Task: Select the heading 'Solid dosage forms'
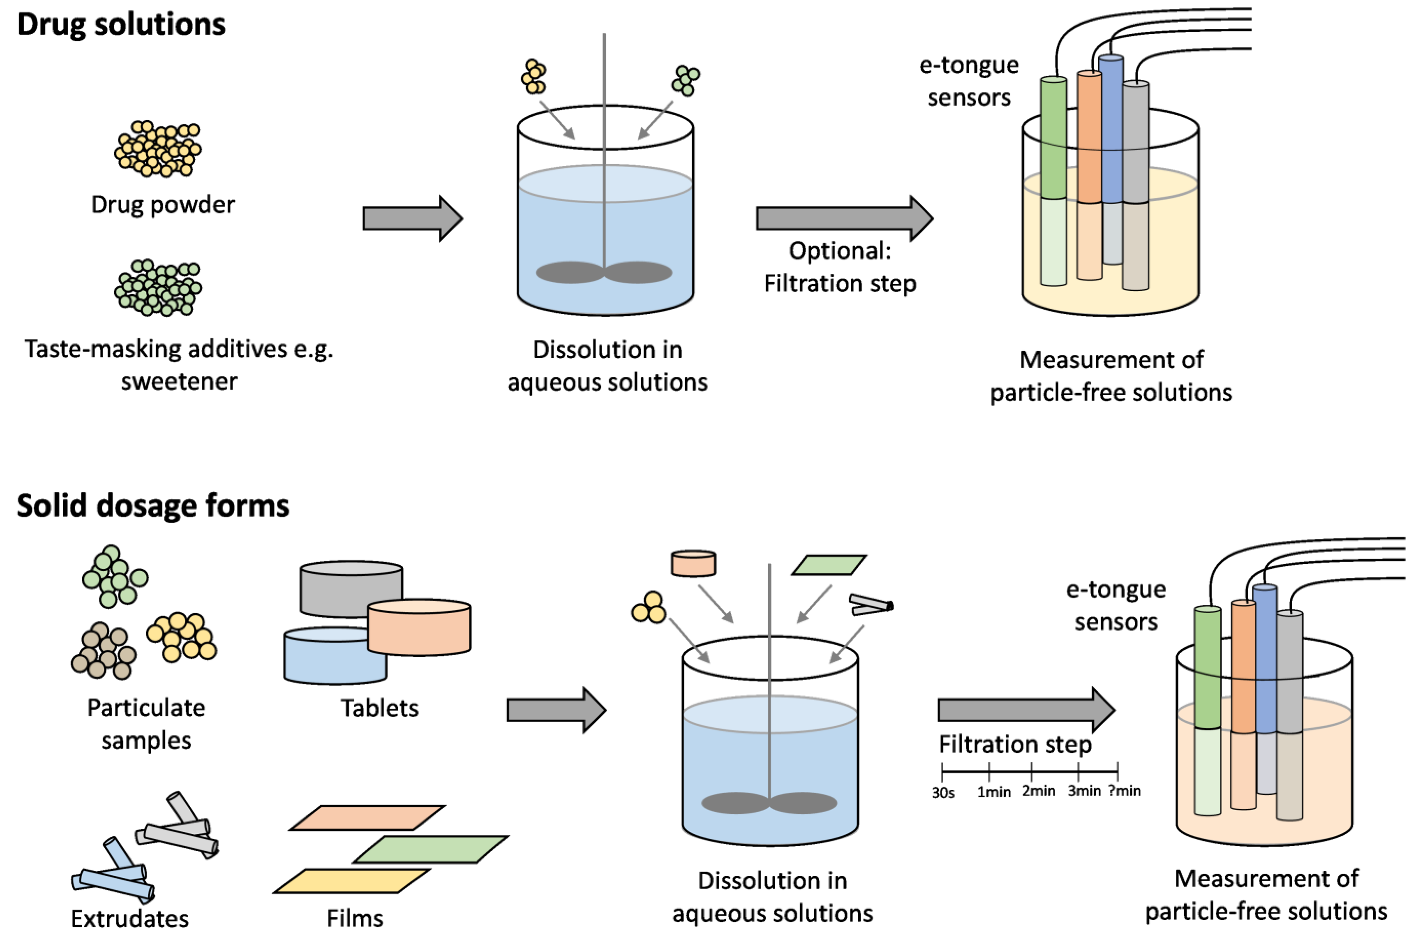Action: point(153,505)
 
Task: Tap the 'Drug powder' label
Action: point(163,205)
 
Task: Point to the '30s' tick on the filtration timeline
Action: point(943,792)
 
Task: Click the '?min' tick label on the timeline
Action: point(1124,791)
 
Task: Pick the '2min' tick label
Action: point(1038,791)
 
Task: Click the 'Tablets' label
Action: point(379,708)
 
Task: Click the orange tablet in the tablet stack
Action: point(419,627)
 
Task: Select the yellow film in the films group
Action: point(352,881)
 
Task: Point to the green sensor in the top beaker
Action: point(1053,180)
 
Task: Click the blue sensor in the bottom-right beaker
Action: point(1264,659)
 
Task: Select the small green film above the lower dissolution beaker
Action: point(829,565)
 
